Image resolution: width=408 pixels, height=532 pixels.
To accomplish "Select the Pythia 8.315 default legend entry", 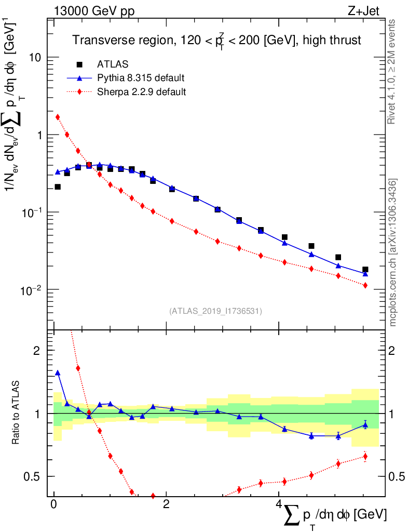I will tap(141, 78).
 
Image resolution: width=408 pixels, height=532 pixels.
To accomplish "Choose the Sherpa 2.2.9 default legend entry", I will tap(142, 92).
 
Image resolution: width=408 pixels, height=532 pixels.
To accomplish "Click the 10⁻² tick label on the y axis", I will tap(31, 289).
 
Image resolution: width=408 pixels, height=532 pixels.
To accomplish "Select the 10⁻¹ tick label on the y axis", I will tap(31, 212).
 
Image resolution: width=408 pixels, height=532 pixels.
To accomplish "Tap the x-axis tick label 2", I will tap(166, 504).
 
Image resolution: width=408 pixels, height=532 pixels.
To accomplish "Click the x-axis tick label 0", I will tap(53, 504).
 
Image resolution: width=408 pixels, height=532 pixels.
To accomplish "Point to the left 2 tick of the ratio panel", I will tap(39, 351).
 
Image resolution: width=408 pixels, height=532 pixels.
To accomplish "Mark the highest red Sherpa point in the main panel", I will tap(58, 117).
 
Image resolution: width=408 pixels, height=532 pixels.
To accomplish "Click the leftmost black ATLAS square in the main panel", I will tap(58, 187).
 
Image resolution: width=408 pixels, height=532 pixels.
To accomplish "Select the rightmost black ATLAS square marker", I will tap(365, 270).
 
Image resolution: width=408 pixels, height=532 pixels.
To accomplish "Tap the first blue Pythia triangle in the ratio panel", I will tap(58, 373).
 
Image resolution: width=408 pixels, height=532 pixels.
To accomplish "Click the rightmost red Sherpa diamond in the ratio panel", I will tap(365, 457).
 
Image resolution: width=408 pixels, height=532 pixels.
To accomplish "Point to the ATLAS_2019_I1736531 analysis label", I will tap(215, 311).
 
